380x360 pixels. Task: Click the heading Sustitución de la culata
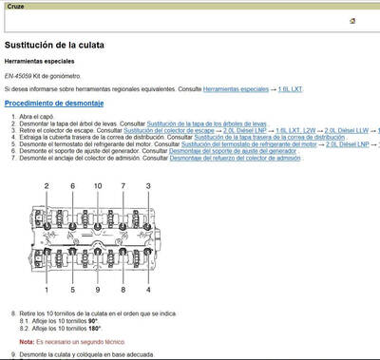[x=62, y=45]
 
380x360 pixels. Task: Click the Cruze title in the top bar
[x=17, y=6]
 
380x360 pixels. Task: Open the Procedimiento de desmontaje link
[x=54, y=103]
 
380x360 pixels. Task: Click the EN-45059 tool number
[x=21, y=75]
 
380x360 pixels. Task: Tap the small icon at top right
[x=352, y=20]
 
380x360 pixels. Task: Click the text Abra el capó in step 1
[x=41, y=117]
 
